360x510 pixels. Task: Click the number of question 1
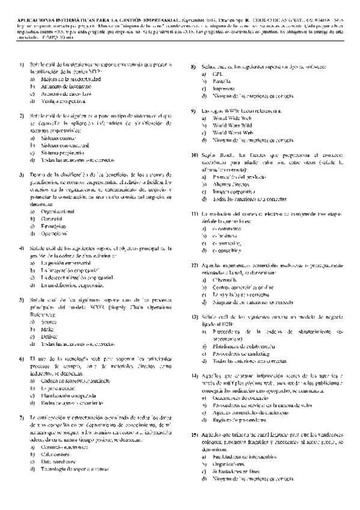[x=21, y=65]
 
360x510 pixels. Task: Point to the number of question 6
[x=21, y=359]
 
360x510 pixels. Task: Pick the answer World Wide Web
[x=231, y=118]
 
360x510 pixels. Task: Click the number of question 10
[x=194, y=155]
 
